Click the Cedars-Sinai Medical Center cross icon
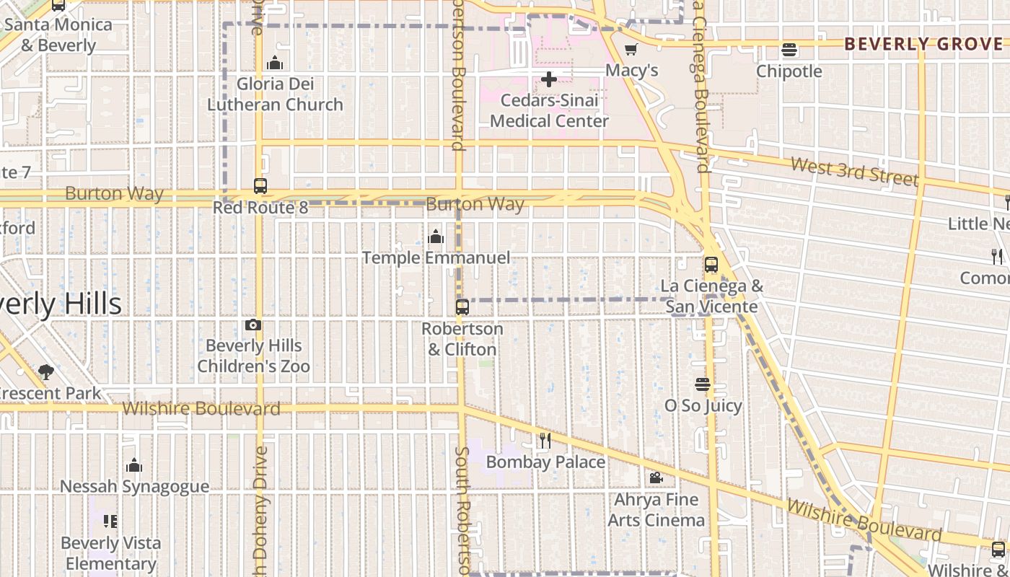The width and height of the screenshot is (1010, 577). (x=549, y=79)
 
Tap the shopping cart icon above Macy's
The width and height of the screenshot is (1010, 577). (x=631, y=50)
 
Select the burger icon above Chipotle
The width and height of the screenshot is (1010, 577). (x=789, y=50)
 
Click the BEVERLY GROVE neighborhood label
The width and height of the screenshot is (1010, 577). (x=923, y=44)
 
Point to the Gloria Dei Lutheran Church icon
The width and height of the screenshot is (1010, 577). (x=274, y=63)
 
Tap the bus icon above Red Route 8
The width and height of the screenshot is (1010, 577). (x=260, y=186)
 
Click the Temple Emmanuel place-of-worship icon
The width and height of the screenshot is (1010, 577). (x=436, y=237)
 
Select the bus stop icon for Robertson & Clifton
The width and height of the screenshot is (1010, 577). (x=462, y=307)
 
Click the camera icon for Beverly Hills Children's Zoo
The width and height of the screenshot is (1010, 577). (x=253, y=325)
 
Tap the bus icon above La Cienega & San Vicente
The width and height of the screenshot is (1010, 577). (x=711, y=265)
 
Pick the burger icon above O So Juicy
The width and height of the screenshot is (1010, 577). (x=703, y=384)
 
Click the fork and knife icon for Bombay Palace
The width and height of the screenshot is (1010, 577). (x=545, y=440)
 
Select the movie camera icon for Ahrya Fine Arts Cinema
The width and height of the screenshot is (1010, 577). (x=656, y=478)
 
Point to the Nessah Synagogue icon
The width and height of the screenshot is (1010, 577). (x=134, y=466)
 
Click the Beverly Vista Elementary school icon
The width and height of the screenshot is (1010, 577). (x=110, y=521)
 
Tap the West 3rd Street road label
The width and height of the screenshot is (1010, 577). (x=854, y=172)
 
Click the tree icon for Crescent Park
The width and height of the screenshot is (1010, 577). (x=46, y=372)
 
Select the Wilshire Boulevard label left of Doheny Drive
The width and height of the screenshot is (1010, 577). (x=201, y=409)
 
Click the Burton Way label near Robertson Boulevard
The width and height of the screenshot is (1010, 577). (x=475, y=204)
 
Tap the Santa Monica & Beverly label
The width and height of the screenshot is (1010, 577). (x=58, y=35)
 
